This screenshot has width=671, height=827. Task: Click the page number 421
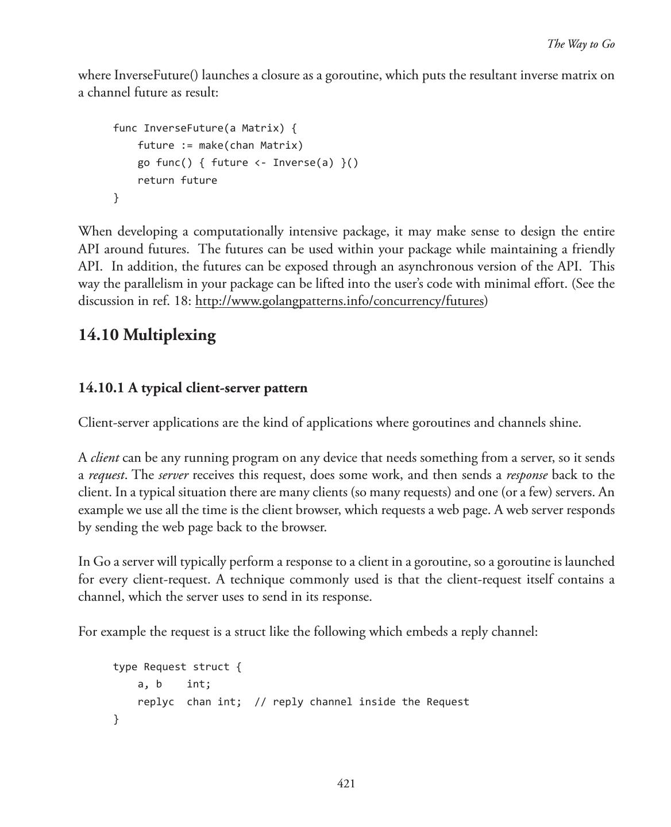(x=345, y=783)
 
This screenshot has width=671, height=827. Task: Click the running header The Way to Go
(x=580, y=44)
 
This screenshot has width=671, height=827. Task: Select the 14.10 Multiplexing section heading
(x=147, y=335)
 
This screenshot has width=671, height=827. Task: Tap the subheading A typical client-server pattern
(x=193, y=388)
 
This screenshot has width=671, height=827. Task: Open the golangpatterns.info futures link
(x=340, y=301)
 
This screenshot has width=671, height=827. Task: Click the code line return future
(x=177, y=180)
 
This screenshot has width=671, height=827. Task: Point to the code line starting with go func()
(x=248, y=163)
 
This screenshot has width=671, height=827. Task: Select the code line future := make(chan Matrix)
(x=220, y=145)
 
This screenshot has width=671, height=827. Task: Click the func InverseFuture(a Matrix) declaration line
(x=205, y=127)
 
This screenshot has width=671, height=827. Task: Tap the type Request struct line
(x=177, y=667)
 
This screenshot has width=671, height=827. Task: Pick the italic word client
(x=105, y=458)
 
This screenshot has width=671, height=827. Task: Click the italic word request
(x=107, y=476)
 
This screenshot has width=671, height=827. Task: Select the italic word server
(x=173, y=476)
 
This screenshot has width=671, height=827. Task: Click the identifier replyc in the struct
(x=156, y=702)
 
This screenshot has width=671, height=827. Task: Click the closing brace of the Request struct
(x=116, y=719)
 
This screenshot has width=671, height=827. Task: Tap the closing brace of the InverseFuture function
(x=116, y=198)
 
